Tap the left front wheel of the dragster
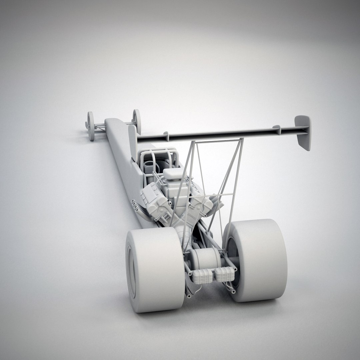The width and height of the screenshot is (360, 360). click(x=90, y=126)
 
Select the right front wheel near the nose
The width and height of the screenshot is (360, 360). click(x=136, y=121)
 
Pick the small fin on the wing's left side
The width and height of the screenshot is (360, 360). click(x=166, y=136)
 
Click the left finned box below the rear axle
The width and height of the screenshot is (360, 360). click(x=203, y=276)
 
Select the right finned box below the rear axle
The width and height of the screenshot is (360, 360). click(x=224, y=274)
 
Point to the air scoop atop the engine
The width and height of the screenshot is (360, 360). click(x=173, y=173)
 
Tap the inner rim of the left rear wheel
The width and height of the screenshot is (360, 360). click(x=132, y=272)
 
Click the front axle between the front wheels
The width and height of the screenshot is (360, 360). click(x=100, y=126)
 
